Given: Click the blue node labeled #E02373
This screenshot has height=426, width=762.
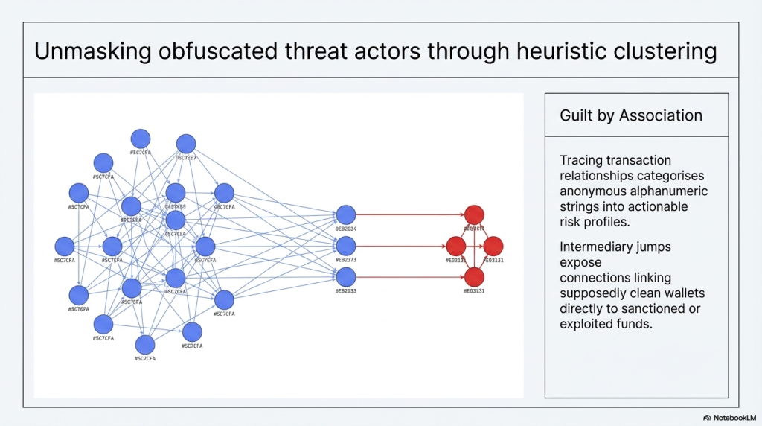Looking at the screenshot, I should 346,246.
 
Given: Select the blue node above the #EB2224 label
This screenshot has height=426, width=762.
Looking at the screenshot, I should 346,215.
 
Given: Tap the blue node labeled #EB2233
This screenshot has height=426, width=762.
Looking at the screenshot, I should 346,277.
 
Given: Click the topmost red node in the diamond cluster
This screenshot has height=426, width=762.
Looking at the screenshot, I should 474,215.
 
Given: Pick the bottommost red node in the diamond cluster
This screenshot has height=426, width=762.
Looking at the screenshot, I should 474,277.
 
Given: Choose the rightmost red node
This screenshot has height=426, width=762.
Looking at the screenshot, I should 493,246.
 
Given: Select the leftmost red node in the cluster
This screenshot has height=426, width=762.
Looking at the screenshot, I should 455,246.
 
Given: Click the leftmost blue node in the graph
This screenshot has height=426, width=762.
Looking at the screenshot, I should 65,247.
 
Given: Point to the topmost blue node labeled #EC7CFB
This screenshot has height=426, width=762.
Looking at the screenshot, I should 141,139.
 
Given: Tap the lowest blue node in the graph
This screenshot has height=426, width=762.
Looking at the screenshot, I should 145,345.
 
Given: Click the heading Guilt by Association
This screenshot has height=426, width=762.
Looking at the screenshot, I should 631,115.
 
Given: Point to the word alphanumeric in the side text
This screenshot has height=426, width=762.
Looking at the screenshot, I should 668,191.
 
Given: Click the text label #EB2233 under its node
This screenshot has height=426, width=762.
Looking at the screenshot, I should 346,291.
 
